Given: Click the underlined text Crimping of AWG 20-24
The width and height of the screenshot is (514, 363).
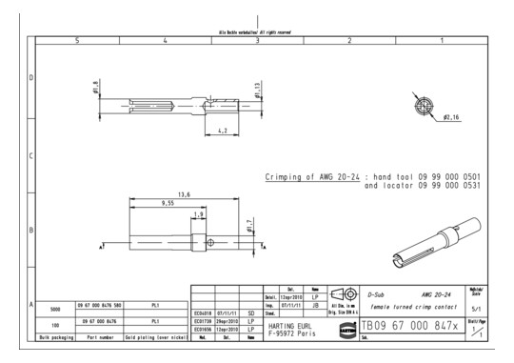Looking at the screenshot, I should [x=312, y=177].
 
